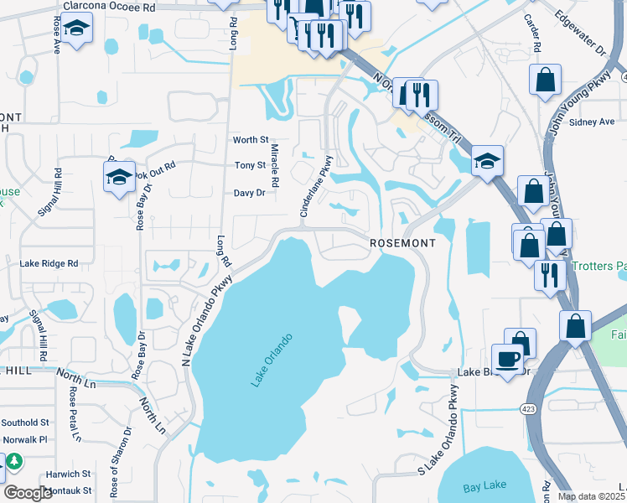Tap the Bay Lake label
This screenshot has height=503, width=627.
(484, 487)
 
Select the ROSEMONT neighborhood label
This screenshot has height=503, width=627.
(403, 242)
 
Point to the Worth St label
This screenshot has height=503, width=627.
(251, 140)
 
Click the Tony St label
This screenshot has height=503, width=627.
(250, 166)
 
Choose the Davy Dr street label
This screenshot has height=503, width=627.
(249, 193)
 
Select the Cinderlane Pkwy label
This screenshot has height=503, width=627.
(315, 187)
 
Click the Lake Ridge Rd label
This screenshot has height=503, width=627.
(49, 263)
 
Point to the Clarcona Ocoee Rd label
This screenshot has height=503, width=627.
(109, 6)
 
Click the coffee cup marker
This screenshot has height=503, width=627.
(506, 359)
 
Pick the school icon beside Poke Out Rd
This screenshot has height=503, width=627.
(119, 177)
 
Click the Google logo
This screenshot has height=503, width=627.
(28, 493)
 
